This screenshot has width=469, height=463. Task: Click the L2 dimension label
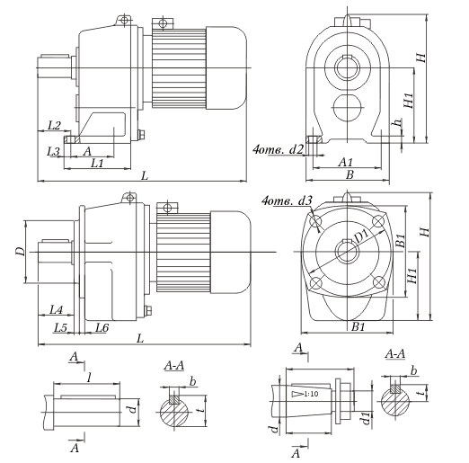point(54,125)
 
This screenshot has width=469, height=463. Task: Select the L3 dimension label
point(54,151)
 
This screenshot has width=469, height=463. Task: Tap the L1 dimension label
point(98,164)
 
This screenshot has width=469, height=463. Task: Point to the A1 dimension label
point(346,162)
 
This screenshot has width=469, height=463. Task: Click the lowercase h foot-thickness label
point(397,123)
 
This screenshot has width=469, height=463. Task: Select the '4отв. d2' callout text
point(279,149)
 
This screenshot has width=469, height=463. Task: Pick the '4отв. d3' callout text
point(287,200)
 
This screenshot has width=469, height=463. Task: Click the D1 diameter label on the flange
point(362,236)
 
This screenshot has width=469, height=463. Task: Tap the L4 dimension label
point(57,309)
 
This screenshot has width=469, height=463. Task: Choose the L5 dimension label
point(60,328)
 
